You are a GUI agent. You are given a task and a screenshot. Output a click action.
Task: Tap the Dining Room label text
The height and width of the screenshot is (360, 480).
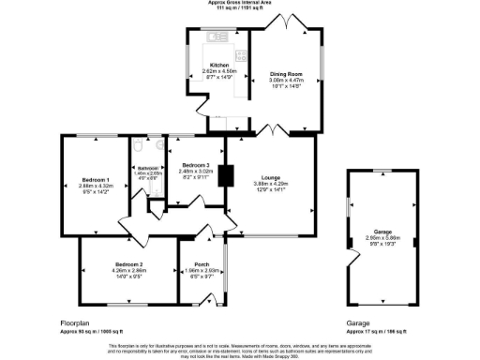pyautogui.click(x=286, y=73)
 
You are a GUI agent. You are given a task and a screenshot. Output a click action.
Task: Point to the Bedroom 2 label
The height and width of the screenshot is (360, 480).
pyautogui.click(x=128, y=264)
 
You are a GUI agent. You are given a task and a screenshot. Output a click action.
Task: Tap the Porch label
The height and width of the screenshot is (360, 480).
pyautogui.click(x=201, y=264)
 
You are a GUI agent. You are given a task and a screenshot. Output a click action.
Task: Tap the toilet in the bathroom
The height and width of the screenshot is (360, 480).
pyautogui.click(x=138, y=145)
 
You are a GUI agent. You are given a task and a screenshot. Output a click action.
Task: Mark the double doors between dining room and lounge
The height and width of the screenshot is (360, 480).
pyautogui.click(x=272, y=128)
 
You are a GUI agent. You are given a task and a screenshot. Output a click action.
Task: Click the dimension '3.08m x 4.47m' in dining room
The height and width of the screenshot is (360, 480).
pyautogui.click(x=286, y=80)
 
